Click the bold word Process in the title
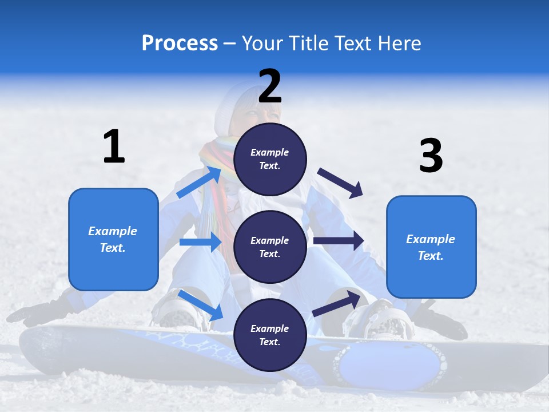pyautogui.click(x=180, y=43)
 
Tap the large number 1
pyautogui.click(x=114, y=146)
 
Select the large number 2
pyautogui.click(x=270, y=86)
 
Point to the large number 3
pyautogui.click(x=431, y=156)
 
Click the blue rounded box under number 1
pyautogui.click(x=113, y=239)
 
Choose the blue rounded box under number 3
pyautogui.click(x=431, y=247)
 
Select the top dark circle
pyautogui.click(x=270, y=159)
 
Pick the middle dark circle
pyautogui.click(x=270, y=247)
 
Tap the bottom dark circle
pyautogui.click(x=270, y=335)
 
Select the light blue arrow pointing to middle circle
pyautogui.click(x=200, y=242)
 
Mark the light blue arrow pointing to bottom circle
pyautogui.click(x=200, y=305)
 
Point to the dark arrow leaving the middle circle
pyautogui.click(x=339, y=241)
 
